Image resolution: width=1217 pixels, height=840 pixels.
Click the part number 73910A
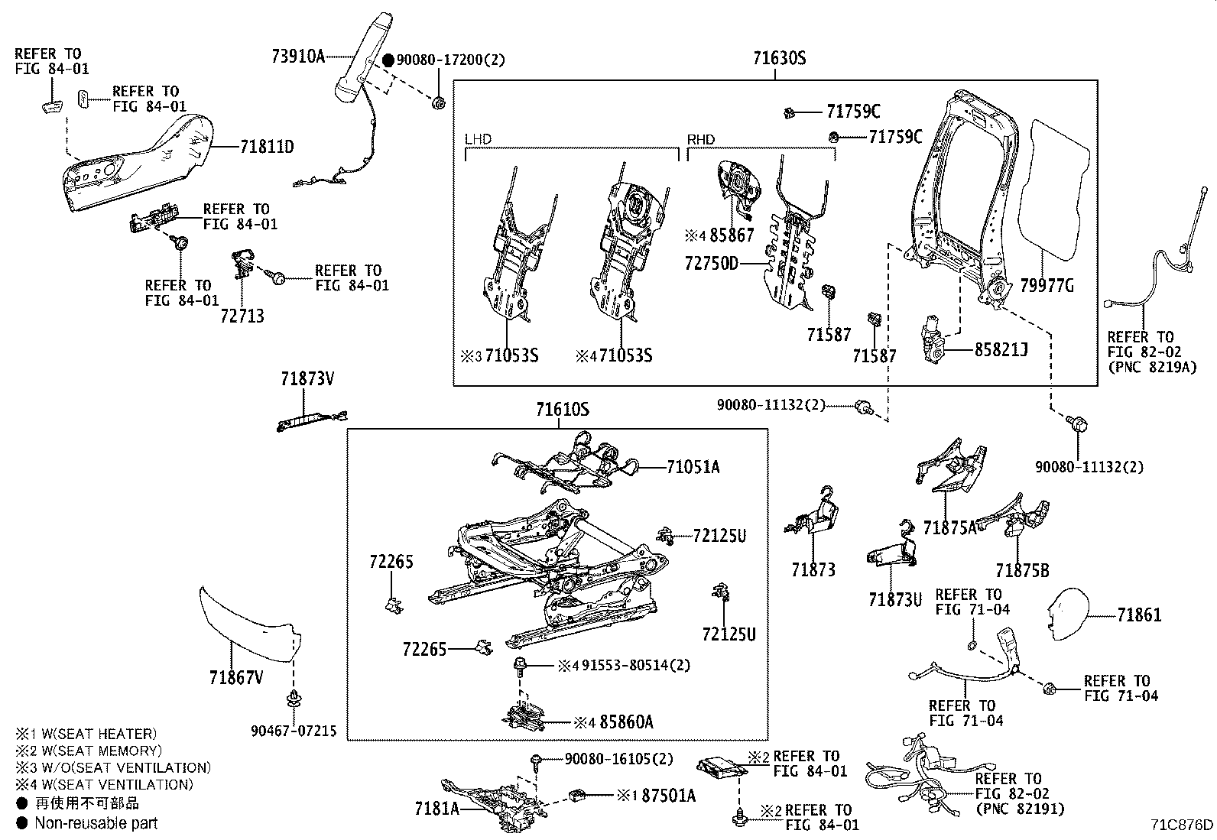pos(298,57)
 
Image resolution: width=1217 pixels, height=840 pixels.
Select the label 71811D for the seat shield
pos(267,147)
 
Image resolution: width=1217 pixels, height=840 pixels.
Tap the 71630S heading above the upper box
pos(779,58)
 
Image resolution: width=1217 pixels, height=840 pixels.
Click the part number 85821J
pos(1001,349)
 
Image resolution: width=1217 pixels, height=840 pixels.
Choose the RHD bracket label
pos(701,140)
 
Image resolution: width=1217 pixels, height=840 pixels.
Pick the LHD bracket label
pos(479,140)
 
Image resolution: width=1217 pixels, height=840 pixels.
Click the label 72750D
pos(712,264)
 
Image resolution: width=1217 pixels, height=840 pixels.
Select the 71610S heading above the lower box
pos(562,410)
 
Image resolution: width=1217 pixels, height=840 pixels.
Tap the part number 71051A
pos(693,466)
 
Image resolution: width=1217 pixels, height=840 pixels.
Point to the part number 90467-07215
pos(294,731)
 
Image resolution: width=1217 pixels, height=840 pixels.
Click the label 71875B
pos(1022,570)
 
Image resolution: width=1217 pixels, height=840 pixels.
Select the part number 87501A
pos(668,796)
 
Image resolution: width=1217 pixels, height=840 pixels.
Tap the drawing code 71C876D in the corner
pos(1182,824)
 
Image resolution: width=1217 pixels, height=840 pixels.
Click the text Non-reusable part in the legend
pos(96,823)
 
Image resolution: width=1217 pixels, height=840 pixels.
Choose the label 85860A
pos(626,722)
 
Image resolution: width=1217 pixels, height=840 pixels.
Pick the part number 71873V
pos(307,378)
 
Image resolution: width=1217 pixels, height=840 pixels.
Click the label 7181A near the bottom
pos(437,807)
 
